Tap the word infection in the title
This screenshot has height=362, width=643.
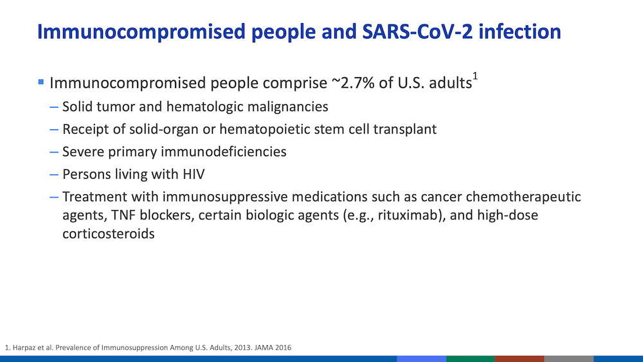tap(520, 32)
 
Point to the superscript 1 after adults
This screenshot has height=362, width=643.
tap(475, 77)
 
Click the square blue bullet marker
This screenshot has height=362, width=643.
tap(41, 82)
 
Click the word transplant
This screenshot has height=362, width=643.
tap(404, 129)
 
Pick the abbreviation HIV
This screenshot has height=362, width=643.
tap(194, 174)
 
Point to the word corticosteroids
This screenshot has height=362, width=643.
tap(109, 233)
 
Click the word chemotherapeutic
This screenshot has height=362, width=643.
tap(523, 197)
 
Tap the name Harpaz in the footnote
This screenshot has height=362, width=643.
tap(24, 348)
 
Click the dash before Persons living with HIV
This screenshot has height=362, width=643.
tap(54, 175)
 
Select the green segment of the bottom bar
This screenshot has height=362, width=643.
tap(471, 359)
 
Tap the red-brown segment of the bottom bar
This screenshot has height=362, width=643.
tap(520, 359)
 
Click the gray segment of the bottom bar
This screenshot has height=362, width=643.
tap(569, 359)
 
